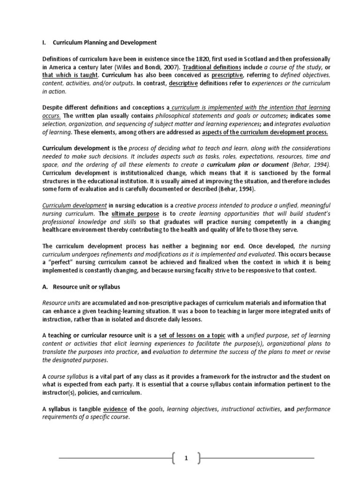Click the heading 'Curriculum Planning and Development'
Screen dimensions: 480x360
tap(105, 43)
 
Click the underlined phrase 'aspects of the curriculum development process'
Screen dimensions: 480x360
tap(265, 132)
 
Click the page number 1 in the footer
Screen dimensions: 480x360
tap(186, 458)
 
